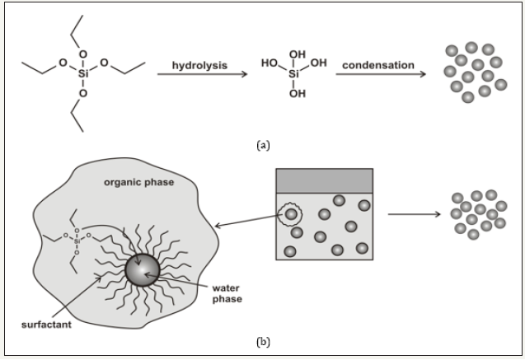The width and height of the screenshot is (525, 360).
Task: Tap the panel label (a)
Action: point(263,144)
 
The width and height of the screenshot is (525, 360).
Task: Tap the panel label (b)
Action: point(263,340)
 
